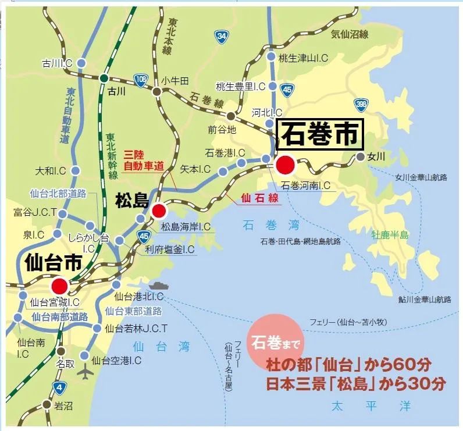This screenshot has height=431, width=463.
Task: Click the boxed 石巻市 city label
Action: click(x=321, y=135)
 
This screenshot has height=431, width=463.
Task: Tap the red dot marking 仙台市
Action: click(x=59, y=286)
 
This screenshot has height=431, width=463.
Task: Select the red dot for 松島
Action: click(x=158, y=211)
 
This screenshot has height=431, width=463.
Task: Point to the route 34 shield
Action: click(x=221, y=37)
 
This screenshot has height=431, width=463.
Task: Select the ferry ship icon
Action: click(x=159, y=285)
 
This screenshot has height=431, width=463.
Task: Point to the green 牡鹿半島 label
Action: click(x=390, y=235)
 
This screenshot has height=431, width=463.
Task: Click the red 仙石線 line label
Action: click(x=260, y=198)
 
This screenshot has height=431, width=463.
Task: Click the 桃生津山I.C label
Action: click(x=304, y=58)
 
